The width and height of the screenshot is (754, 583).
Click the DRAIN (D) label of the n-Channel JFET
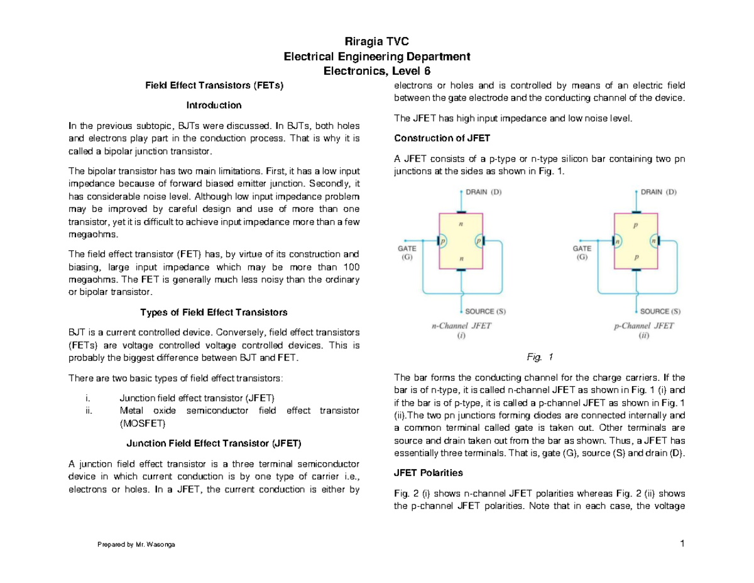[484, 191]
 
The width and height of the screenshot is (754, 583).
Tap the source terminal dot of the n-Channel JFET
[462, 311]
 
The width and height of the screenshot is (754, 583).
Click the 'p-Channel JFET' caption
[643, 326]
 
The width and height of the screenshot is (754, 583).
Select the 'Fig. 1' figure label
[540, 357]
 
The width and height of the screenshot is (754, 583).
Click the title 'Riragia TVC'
[377, 42]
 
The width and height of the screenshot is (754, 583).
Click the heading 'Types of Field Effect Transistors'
[213, 312]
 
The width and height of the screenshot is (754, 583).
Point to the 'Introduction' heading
[213, 104]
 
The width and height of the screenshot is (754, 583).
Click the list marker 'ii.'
[89, 411]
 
